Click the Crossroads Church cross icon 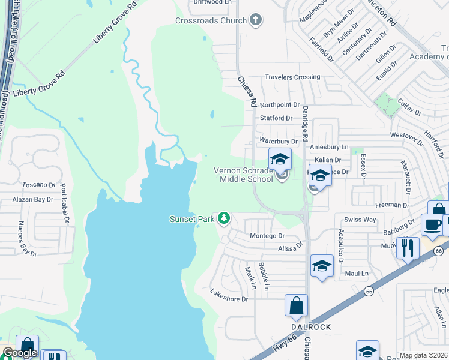(256, 20)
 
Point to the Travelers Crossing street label (293, 77)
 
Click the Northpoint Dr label (280, 104)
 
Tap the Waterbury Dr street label (279, 140)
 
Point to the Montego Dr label (267, 236)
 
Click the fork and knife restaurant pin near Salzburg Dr (408, 247)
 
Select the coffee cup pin (432, 225)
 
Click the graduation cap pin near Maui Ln (322, 266)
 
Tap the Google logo (19, 353)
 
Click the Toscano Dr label (38, 185)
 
